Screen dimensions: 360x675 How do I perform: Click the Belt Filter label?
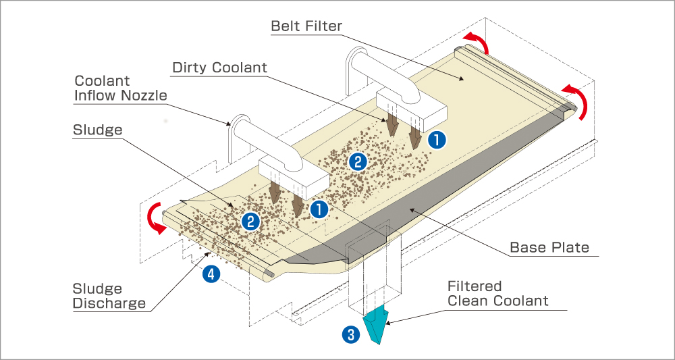[x=306, y=26]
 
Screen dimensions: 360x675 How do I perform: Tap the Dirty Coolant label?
[x=220, y=68]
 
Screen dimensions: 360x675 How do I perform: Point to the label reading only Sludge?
[x=97, y=130]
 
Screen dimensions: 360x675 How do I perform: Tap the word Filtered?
[x=475, y=286]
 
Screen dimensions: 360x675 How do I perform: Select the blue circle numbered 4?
[x=211, y=274]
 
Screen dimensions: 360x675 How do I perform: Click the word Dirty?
[x=191, y=68]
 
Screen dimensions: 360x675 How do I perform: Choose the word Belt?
[x=286, y=26]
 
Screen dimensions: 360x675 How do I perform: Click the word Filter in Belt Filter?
[x=325, y=26]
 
